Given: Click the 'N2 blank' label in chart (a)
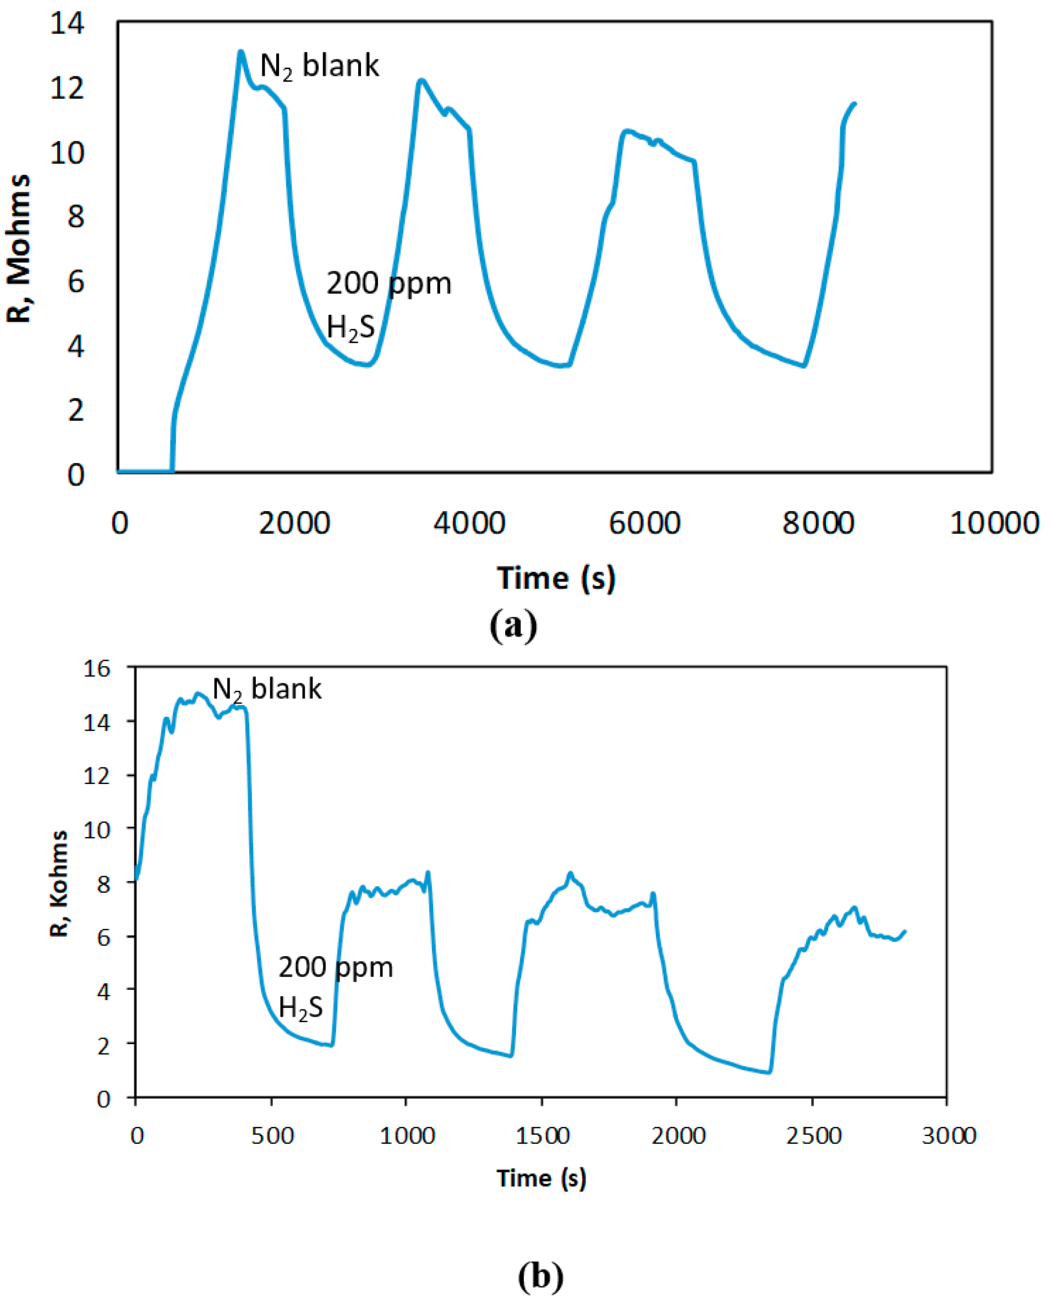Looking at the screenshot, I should (319, 65).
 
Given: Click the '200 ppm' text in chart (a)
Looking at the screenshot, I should (388, 283).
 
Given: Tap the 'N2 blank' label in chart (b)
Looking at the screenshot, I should (266, 689).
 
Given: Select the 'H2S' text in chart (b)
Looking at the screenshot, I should (300, 1008).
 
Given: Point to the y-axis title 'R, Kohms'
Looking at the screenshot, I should (59, 883).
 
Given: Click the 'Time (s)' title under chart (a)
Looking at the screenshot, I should (556, 578).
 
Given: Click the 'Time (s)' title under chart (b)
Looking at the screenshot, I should (541, 1178).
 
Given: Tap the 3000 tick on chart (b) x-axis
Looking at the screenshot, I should (949, 1136).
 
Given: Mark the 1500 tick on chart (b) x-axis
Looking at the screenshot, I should (543, 1136).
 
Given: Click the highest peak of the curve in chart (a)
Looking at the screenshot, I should (241, 52).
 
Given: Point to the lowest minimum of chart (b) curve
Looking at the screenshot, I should (768, 1072).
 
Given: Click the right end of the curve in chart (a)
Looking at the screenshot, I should (855, 103).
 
